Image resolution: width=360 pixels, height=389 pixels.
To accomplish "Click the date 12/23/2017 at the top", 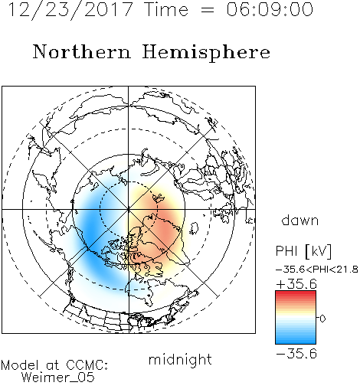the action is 70,10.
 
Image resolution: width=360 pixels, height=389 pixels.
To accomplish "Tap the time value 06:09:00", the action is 270,9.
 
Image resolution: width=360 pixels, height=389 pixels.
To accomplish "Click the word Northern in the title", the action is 82,51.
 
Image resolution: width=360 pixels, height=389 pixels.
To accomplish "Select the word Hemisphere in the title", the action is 206,53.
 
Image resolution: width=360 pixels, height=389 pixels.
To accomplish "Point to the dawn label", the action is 300,220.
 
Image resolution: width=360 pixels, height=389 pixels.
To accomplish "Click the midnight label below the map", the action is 180,360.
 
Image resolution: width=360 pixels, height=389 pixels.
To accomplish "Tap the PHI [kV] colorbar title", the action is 303,251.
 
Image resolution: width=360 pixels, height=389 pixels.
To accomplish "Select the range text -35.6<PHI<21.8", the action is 317,270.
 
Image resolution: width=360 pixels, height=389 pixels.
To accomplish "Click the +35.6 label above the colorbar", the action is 296,284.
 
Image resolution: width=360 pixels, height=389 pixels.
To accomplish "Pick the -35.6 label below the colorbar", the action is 296,354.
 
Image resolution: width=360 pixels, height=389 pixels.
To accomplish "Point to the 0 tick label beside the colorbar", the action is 322,319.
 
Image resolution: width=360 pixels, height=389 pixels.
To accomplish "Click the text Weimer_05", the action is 58,378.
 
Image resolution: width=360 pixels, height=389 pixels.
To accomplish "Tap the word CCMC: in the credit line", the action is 87,365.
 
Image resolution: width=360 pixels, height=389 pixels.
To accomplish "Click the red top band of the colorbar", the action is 296,293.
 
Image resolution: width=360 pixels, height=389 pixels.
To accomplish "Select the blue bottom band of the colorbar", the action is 296,341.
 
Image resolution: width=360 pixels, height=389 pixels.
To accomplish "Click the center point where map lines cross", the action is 129,209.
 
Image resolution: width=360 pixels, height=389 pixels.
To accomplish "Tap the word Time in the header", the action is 166,10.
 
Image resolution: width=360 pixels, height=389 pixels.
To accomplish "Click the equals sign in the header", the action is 208,10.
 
